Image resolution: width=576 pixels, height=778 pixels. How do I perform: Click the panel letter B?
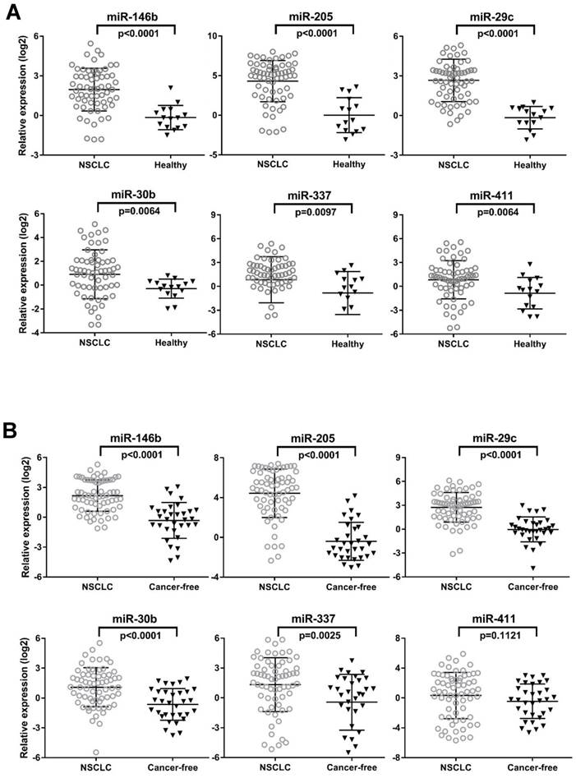pos(12,430)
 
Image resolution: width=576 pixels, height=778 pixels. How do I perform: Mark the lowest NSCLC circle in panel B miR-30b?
pos(95,752)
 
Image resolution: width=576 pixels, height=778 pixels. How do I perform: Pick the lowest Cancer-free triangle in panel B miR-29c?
pos(533,568)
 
